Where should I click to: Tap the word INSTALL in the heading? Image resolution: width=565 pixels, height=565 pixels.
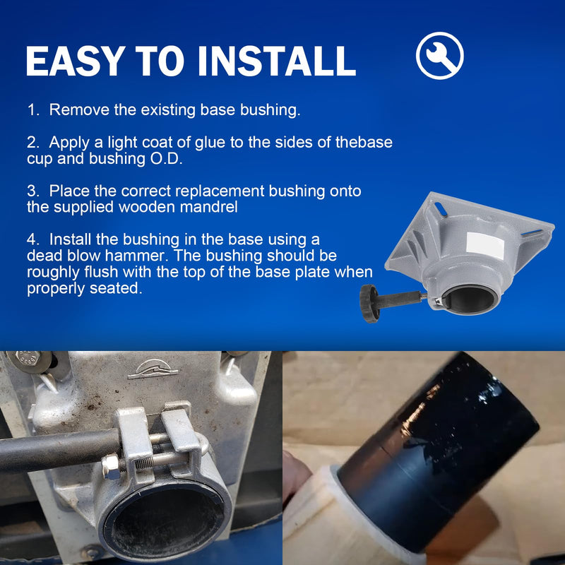pyautogui.click(x=277, y=61)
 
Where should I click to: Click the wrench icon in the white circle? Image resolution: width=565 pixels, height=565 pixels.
pyautogui.click(x=439, y=56)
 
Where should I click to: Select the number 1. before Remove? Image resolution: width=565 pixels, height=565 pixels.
pyautogui.click(x=33, y=110)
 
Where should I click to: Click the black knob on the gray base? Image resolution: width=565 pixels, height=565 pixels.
pyautogui.click(x=369, y=304)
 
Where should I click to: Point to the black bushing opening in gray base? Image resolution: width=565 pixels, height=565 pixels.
pyautogui.click(x=470, y=299)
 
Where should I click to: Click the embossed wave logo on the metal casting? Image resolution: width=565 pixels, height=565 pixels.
pyautogui.click(x=153, y=369)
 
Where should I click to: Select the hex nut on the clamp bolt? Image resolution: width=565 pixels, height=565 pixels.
pyautogui.click(x=110, y=467)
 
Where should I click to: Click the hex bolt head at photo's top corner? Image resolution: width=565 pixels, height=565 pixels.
pyautogui.click(x=28, y=358)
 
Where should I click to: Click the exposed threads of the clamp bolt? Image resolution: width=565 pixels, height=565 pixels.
pyautogui.click(x=145, y=463)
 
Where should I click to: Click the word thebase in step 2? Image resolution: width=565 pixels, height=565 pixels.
pyautogui.click(x=364, y=143)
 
